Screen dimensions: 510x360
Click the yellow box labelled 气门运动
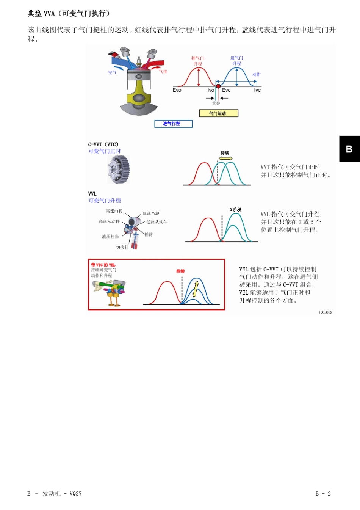[219, 113]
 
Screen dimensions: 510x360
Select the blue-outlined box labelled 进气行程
[173, 124]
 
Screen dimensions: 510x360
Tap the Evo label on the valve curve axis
[177, 90]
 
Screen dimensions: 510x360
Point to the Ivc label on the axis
[257, 90]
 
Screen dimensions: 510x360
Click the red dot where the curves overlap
[218, 86]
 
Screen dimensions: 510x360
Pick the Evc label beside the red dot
[226, 90]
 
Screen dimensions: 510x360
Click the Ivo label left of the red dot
[211, 90]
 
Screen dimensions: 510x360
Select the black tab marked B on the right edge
[349, 149]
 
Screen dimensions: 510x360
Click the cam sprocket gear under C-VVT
[119, 169]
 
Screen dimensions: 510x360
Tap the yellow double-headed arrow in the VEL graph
[196, 289]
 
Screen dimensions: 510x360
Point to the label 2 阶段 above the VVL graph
[235, 210]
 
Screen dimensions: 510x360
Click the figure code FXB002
[326, 312]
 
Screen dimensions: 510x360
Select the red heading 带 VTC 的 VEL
[103, 265]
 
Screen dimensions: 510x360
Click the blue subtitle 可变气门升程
[105, 201]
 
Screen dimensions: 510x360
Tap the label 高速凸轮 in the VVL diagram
[114, 211]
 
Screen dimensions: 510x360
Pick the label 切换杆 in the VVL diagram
[122, 247]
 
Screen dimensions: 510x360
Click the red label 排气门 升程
[197, 61]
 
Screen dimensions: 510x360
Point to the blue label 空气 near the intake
[113, 72]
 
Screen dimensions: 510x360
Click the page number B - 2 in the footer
[323, 494]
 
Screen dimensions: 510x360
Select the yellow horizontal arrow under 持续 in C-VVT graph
[225, 158]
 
